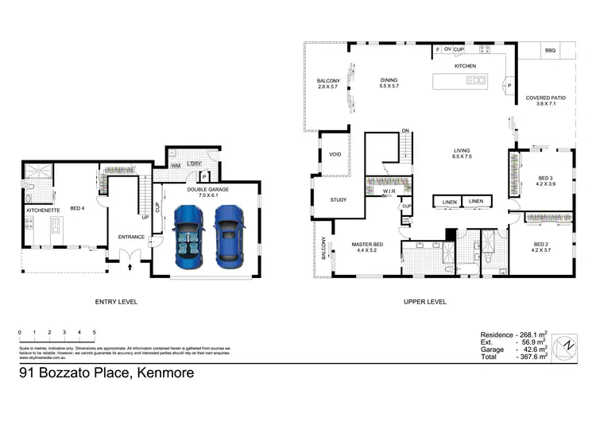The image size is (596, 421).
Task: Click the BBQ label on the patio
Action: [x=550, y=51]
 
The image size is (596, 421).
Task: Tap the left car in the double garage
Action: [x=189, y=231]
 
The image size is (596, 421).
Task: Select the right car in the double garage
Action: [x=227, y=231]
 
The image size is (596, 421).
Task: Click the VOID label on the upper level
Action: [x=335, y=155]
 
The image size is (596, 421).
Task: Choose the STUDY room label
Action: [x=339, y=199]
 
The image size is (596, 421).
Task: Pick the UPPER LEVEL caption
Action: [x=425, y=302]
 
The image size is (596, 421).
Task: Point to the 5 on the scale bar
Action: [x=95, y=332]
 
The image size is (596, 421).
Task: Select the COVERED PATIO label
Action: [x=545, y=98]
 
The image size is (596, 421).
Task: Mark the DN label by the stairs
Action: [x=404, y=130]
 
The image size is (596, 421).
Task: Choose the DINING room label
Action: [x=389, y=80]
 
